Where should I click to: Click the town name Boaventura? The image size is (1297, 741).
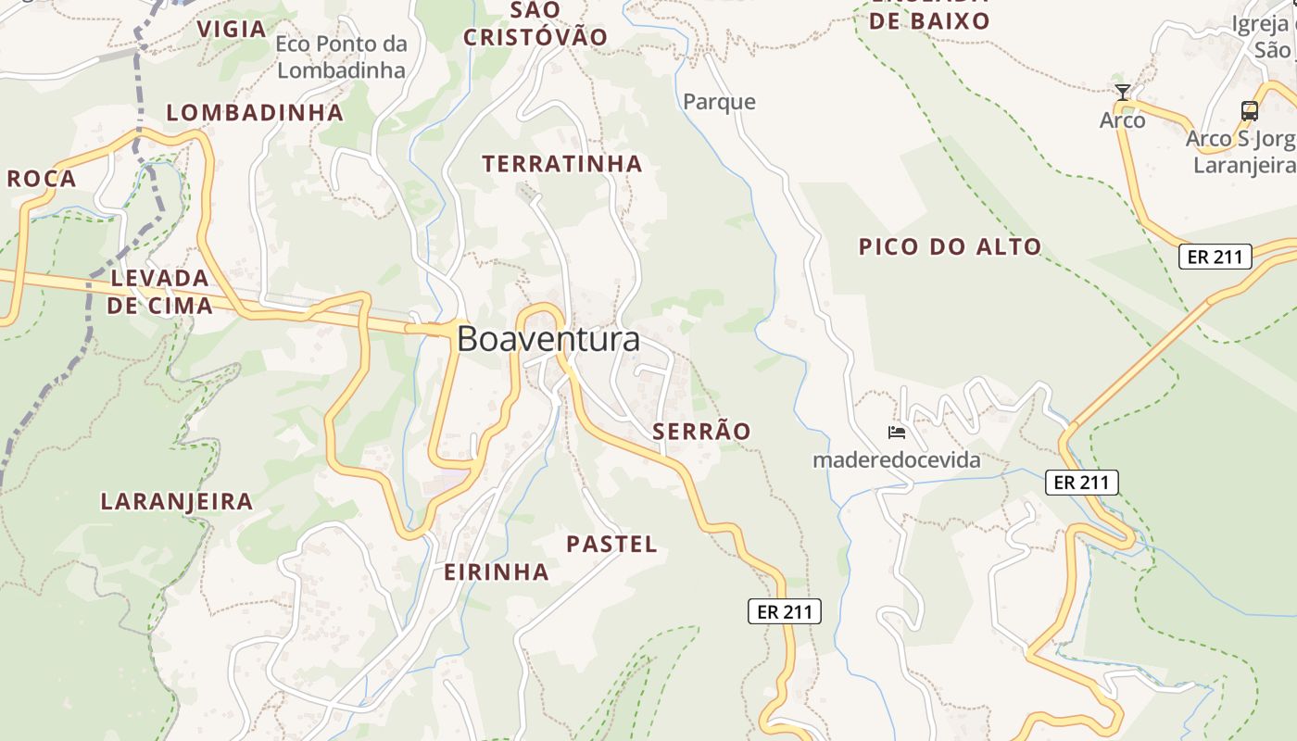[548, 339]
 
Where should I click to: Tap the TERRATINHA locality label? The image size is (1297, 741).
[561, 164]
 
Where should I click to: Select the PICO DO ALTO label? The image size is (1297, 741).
[950, 246]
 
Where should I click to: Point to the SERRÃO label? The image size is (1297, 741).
[701, 431]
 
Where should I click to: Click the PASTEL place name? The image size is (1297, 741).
[611, 544]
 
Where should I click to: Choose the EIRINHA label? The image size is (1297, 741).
[497, 572]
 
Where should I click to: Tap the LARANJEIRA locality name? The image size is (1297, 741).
[176, 501]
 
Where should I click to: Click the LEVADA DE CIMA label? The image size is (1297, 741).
[159, 291]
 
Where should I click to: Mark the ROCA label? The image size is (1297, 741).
[42, 179]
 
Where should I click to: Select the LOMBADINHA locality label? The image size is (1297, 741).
[255, 113]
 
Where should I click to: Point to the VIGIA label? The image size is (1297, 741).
[232, 29]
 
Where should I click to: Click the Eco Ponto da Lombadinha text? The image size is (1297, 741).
[341, 57]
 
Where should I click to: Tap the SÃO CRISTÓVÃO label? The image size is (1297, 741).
[535, 24]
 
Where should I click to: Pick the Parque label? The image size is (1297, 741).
[719, 102]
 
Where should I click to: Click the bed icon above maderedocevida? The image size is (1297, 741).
[896, 432]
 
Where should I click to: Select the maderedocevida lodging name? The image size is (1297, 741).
[896, 459]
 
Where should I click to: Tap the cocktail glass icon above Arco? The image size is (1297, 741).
[1123, 92]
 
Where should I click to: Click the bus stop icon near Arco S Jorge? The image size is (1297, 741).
[1249, 111]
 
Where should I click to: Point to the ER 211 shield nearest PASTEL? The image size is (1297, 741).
[784, 611]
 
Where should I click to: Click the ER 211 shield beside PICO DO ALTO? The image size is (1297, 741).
[1215, 257]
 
